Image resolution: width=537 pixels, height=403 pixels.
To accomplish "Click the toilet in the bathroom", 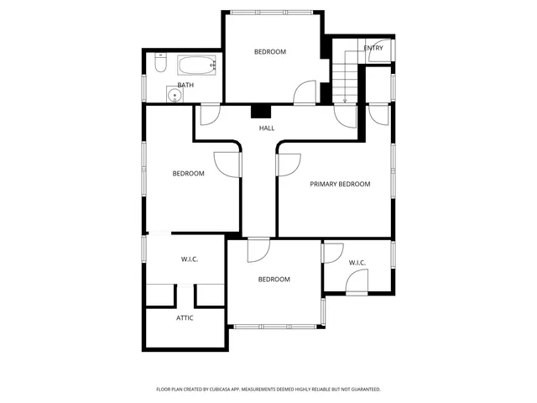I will coord(160,63).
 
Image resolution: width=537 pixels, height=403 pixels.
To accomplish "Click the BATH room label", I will coord(185,85).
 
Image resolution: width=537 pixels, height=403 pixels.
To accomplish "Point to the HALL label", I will coord(267,128).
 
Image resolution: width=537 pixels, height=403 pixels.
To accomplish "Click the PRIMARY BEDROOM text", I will coord(340,184).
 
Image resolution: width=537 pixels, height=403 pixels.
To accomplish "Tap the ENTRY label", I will coord(373,49).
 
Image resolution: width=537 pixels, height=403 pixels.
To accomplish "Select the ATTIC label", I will coord(185,318).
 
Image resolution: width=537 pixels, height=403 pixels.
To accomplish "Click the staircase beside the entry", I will coord(345,71).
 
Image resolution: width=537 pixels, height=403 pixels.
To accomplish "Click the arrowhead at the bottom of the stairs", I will coord(345,101).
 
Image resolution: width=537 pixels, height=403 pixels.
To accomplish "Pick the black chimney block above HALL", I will coord(263,111).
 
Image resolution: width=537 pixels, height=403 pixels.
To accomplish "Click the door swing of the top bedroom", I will coord(305,92).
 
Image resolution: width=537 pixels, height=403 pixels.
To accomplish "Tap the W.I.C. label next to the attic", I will coord(190,259).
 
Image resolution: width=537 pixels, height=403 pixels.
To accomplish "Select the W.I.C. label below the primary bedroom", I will coord(357,263).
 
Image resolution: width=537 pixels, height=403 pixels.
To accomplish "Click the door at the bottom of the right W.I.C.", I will coord(357,285).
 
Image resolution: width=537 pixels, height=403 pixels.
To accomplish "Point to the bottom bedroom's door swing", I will coord(258,249).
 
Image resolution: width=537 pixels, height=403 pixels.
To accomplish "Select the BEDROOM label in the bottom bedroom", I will coord(274,280).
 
